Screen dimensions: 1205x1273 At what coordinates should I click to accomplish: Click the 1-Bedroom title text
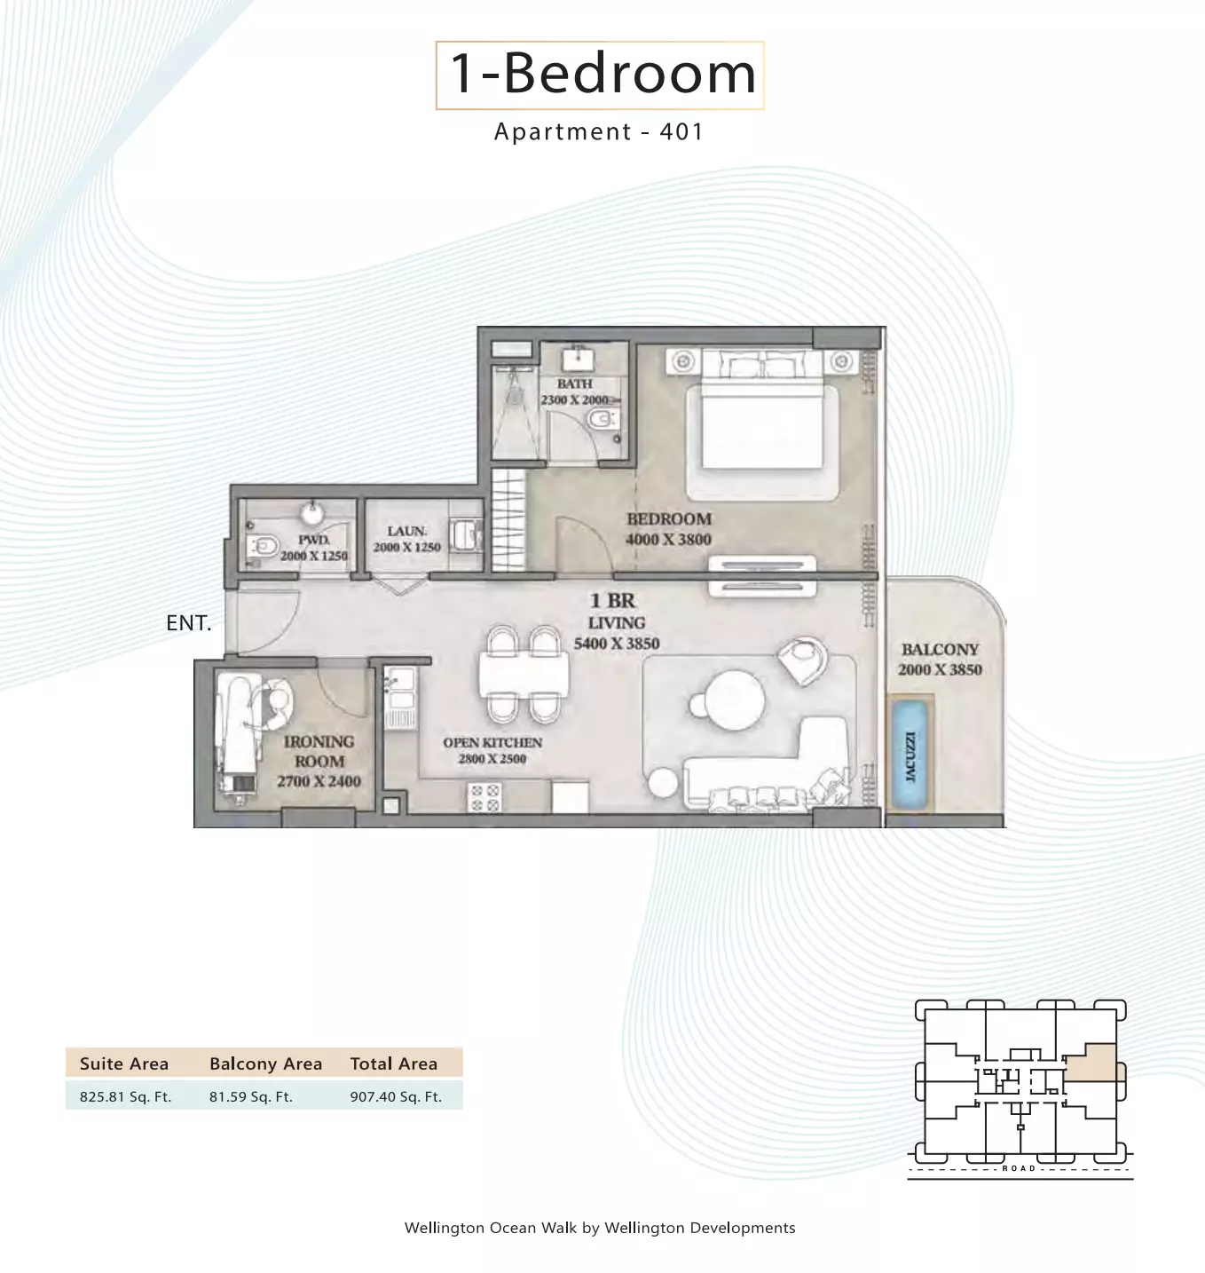coord(602,74)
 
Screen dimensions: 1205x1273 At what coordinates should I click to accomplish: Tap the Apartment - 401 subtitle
coord(599,131)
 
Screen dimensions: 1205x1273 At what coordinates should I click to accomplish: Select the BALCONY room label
coord(941,649)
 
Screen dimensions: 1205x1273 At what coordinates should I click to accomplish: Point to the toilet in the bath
coord(602,419)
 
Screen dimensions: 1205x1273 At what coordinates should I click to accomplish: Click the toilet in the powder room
coord(263,547)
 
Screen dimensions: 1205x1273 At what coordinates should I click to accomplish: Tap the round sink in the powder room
coord(312,513)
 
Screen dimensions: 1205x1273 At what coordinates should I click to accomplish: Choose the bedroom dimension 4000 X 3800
coord(668,540)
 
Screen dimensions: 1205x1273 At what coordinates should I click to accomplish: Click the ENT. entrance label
coord(188,623)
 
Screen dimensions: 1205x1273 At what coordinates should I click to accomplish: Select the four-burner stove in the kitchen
coord(484,798)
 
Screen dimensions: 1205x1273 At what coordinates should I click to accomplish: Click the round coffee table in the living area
coord(734,700)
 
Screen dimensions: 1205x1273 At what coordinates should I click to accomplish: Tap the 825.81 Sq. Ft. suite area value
coord(126,1097)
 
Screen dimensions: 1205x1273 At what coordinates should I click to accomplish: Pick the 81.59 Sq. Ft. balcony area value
coord(251,1097)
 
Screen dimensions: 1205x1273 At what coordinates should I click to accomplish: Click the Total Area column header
coord(394,1063)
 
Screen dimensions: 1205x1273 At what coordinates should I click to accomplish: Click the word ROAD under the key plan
coord(1020,1169)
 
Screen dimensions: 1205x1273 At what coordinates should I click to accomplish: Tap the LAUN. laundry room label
coord(407,531)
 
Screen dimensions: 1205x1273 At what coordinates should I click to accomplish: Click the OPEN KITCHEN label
coord(492,743)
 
